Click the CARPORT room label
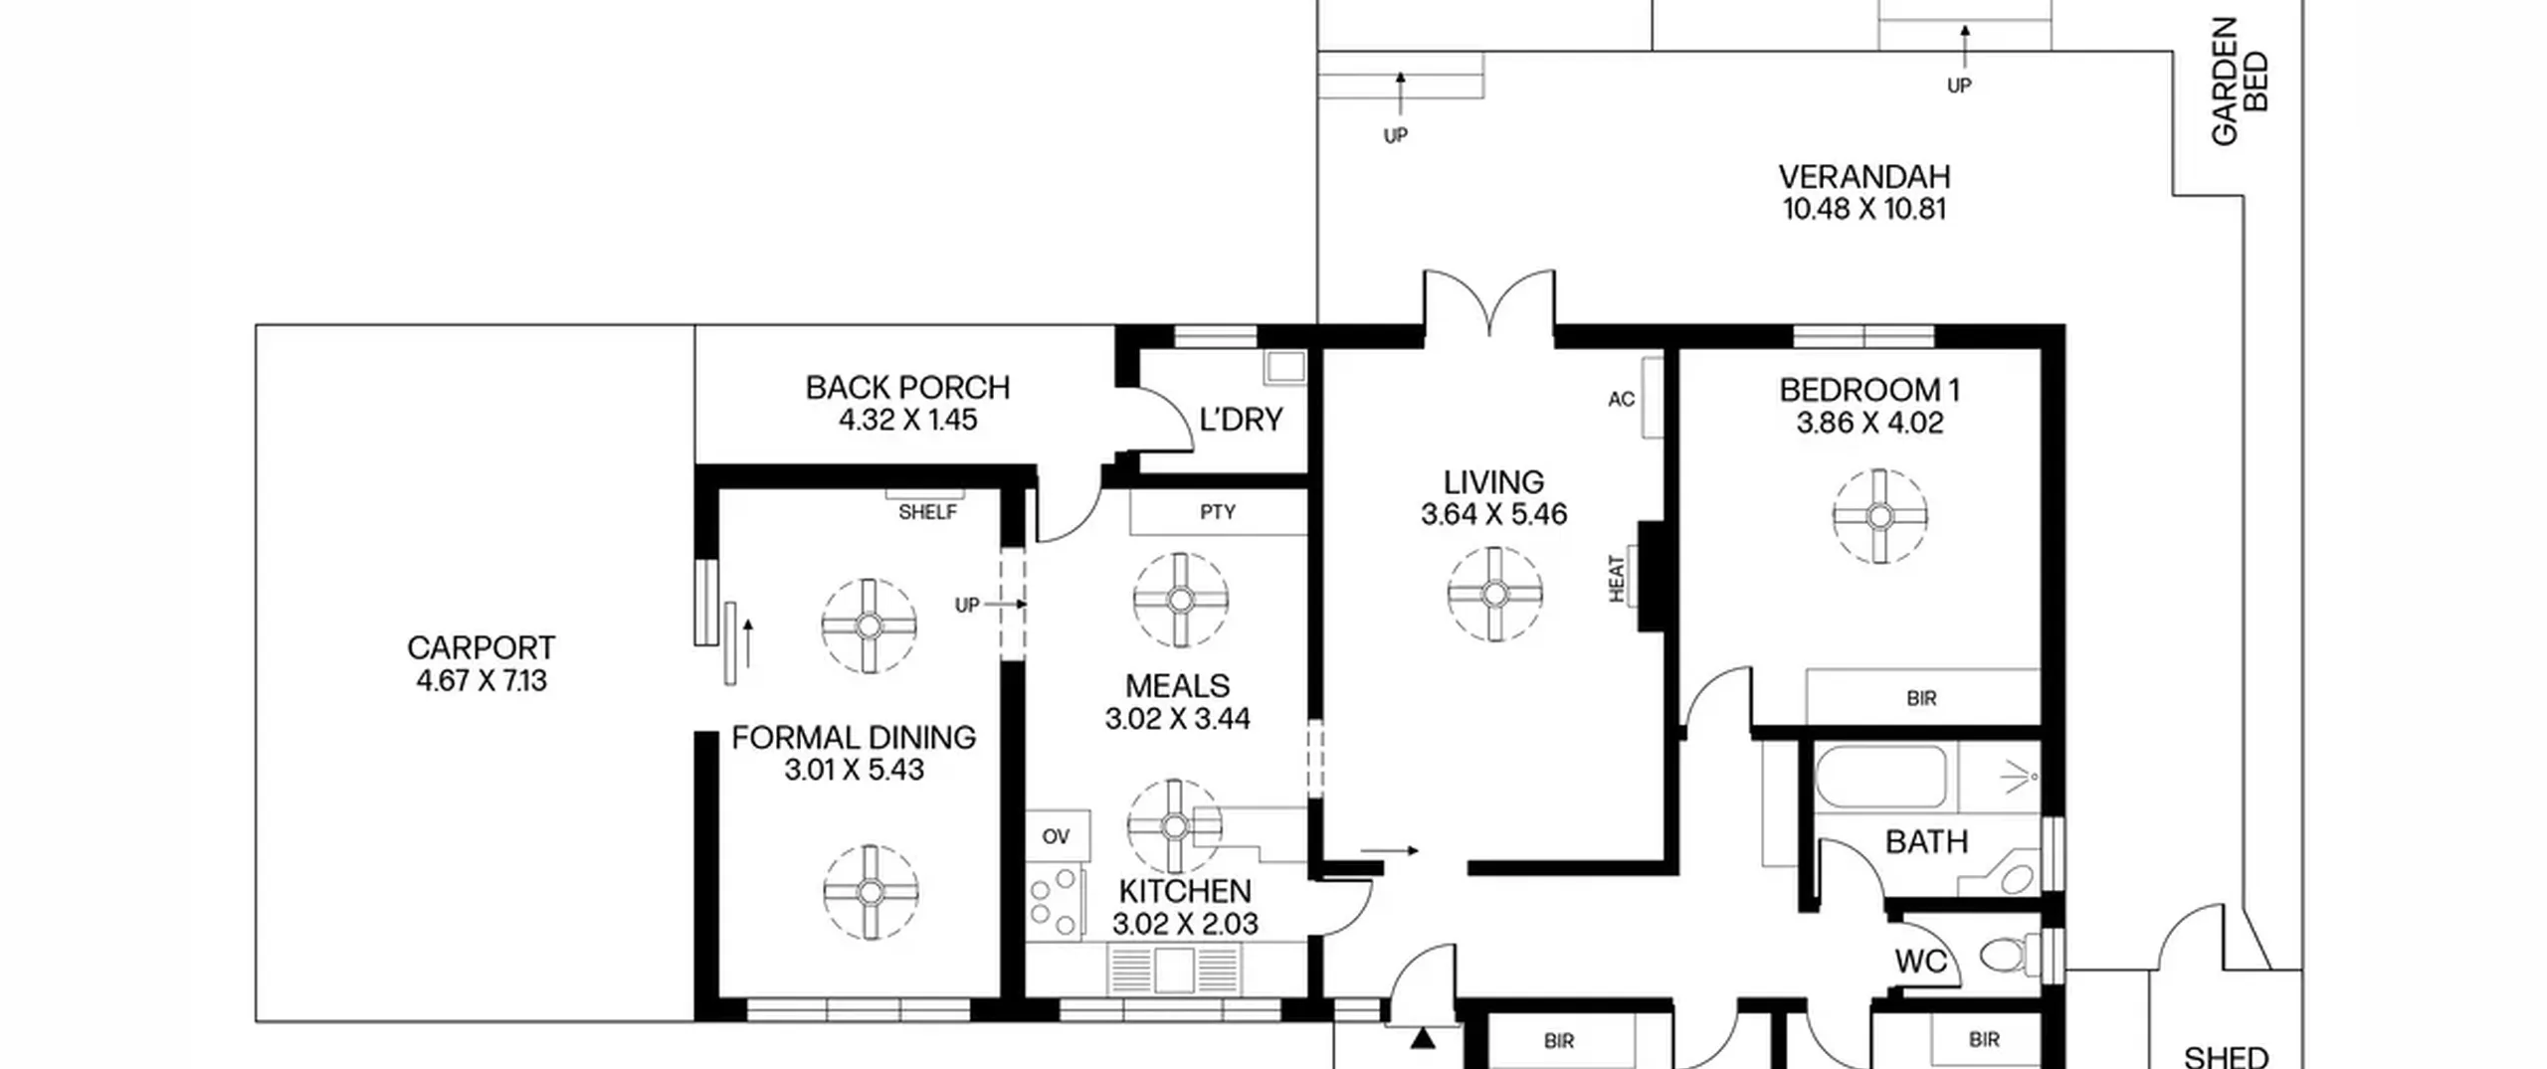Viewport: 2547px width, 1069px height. point(481,648)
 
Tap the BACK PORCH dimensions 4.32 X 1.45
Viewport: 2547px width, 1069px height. point(907,420)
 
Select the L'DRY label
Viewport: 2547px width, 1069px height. point(1241,420)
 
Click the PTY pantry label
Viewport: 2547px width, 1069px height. point(1218,512)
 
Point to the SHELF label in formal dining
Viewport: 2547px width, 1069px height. point(927,512)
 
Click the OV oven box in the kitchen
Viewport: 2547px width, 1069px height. point(1058,836)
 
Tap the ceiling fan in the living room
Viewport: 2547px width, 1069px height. point(1494,594)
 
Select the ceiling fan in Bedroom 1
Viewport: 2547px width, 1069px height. point(1879,516)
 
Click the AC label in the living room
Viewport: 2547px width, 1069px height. point(1621,399)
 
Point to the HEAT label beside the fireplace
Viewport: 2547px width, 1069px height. point(1617,579)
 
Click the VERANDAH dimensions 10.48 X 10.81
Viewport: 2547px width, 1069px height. point(1863,209)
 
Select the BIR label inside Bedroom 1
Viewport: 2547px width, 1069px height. point(1921,699)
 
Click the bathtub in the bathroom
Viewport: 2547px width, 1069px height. point(1880,777)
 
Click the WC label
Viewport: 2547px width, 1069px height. point(1920,962)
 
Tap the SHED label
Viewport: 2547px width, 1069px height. point(2226,1056)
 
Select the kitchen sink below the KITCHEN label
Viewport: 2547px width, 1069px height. point(1174,970)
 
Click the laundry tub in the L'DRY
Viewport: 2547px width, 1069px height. point(1285,367)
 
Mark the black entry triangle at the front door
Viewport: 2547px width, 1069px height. point(1424,1038)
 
